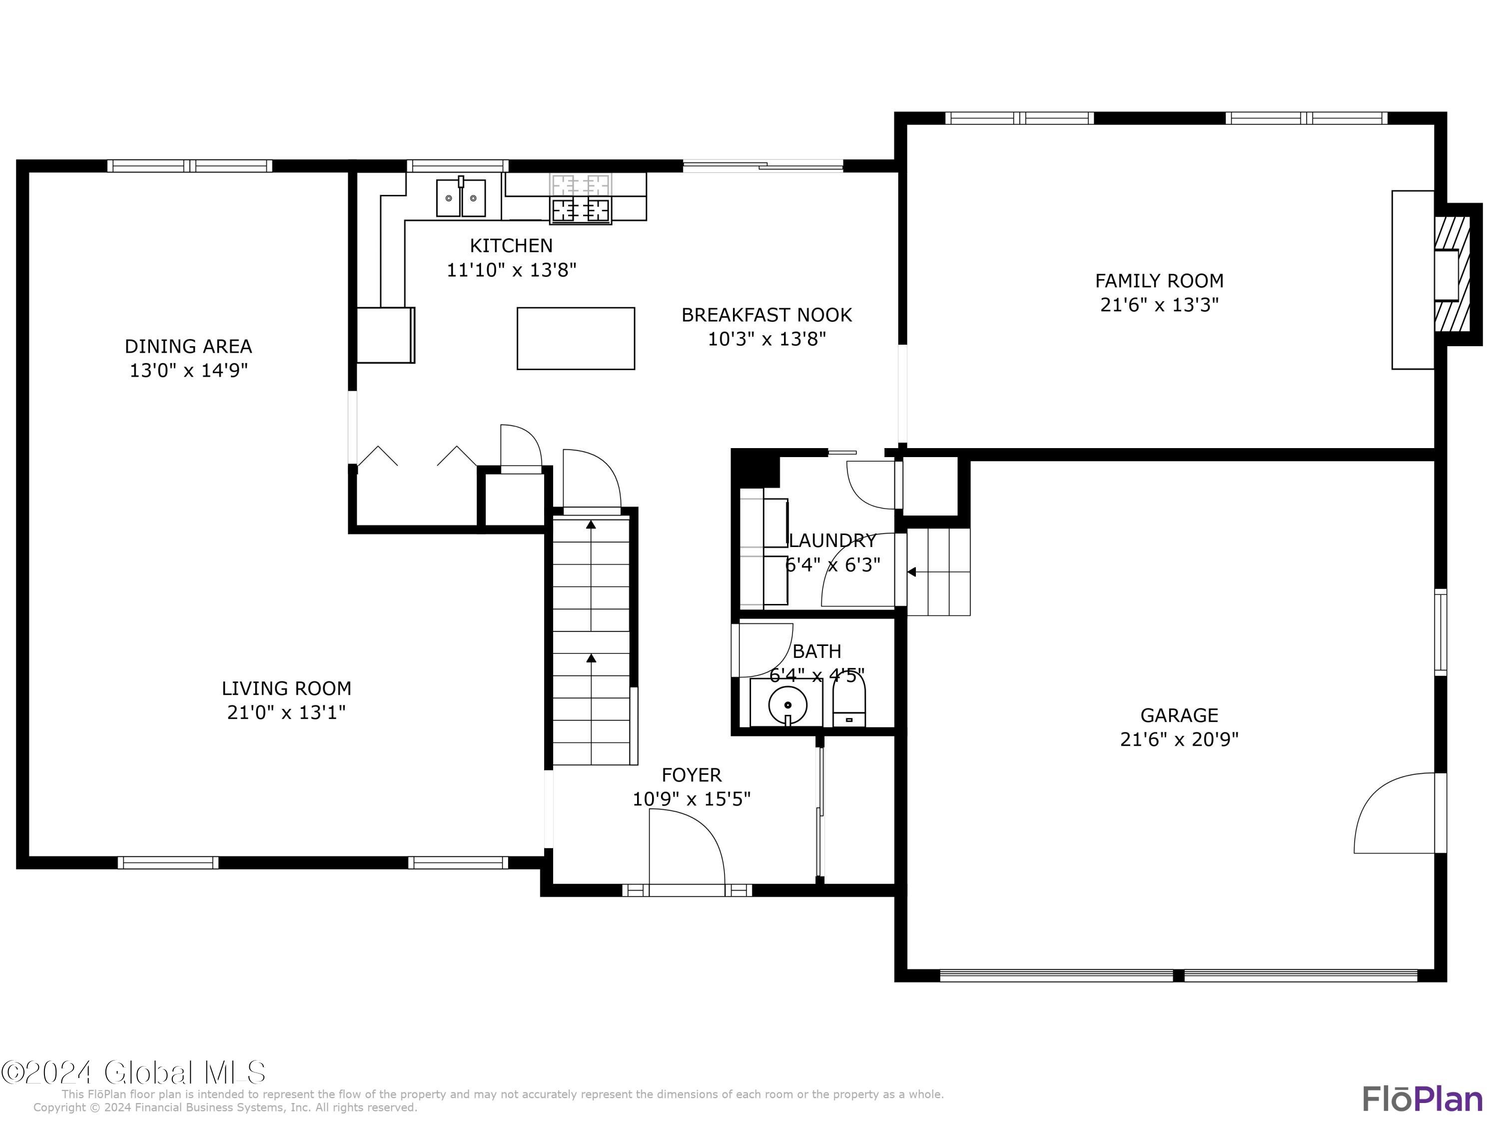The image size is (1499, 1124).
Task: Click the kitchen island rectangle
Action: pos(575,338)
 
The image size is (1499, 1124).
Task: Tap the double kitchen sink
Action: pos(461,198)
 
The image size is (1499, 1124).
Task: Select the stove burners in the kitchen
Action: pos(581,209)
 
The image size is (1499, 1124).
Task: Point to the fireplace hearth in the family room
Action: pos(1413,280)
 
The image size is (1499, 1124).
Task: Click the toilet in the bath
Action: pos(848,704)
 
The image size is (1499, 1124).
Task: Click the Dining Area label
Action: pos(188,346)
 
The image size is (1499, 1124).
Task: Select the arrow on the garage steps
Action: pos(912,572)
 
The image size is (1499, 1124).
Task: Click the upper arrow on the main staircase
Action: pos(591,525)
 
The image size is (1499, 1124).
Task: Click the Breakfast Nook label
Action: pos(766,315)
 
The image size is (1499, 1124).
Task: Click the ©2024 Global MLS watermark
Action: pos(133,1073)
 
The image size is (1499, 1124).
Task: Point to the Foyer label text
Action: pos(691,774)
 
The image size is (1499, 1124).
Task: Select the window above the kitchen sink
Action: pos(457,165)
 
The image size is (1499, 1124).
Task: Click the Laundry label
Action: pos(833,540)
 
